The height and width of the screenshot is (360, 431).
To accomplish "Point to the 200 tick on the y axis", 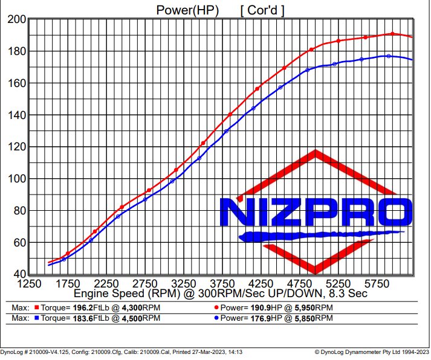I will tap(16, 20).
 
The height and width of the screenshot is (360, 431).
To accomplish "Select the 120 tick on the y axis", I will tap(16, 147).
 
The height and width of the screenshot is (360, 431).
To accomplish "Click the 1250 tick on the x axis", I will tap(30, 284).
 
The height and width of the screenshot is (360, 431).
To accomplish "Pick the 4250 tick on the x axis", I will tap(261, 284).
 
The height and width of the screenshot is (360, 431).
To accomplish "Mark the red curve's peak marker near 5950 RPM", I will tap(392, 34).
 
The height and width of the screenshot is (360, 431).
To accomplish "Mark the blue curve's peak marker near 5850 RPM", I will tap(389, 56).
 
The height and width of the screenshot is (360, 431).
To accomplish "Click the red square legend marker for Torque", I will tap(36, 307).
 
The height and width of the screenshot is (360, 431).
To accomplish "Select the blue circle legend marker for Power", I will tap(217, 318).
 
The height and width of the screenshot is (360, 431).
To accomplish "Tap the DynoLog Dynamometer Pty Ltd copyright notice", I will tap(371, 351).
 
